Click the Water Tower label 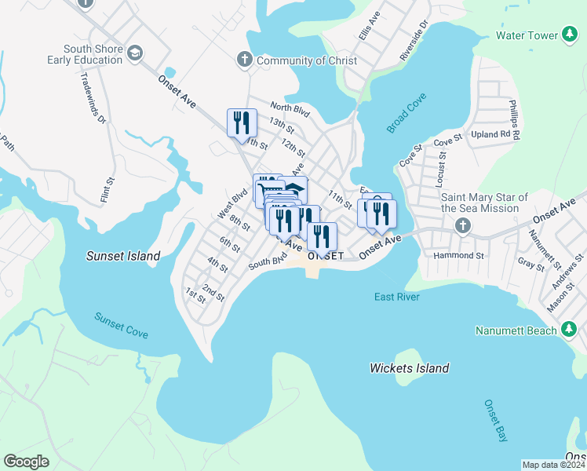(526, 35)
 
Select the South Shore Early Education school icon (135, 53)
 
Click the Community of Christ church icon (245, 60)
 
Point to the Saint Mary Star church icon (462, 226)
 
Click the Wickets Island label (409, 368)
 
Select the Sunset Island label (122, 256)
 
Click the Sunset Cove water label (121, 325)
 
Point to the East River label (396, 297)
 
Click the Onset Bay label (492, 421)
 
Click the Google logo (26, 461)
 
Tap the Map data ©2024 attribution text (553, 465)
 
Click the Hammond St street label (458, 256)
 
